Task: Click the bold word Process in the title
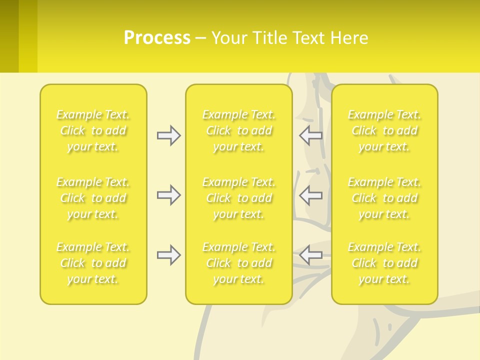pyautogui.click(x=157, y=38)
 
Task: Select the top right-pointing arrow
pyautogui.click(x=168, y=135)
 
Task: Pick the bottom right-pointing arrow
pyautogui.click(x=168, y=255)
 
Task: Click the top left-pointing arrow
pyautogui.click(x=311, y=135)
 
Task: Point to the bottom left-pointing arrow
pyautogui.click(x=311, y=255)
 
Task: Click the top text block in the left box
pyautogui.click(x=93, y=130)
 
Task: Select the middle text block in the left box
pyautogui.click(x=93, y=198)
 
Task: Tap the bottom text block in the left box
pyautogui.click(x=93, y=263)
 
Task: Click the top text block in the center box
pyautogui.click(x=238, y=130)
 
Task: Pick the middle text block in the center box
pyautogui.click(x=238, y=198)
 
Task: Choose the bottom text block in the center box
pyautogui.click(x=238, y=263)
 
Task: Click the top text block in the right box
pyautogui.click(x=384, y=130)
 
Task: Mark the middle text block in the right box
pyautogui.click(x=384, y=198)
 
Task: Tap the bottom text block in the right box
pyautogui.click(x=384, y=263)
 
